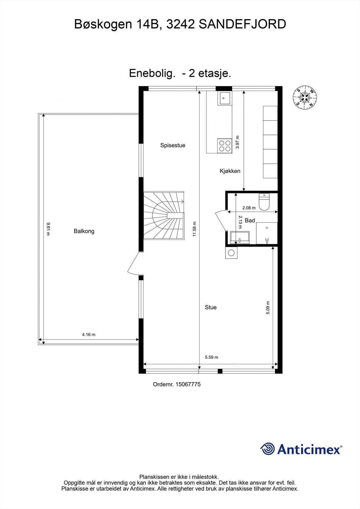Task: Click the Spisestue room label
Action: pos(173,145)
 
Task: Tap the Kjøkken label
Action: pos(230,171)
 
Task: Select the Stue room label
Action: pos(211,307)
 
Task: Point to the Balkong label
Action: pos(84,231)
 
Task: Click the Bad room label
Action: pos(250,220)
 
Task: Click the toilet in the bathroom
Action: pos(264,202)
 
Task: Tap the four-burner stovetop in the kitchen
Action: pos(225,146)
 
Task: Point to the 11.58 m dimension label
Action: pos(195,229)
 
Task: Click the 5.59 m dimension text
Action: pos(211,357)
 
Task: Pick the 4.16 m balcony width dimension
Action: pos(89,334)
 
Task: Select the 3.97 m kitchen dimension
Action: pos(237,142)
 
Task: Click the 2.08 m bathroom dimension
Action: pos(249,208)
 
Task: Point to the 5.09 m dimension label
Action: pos(268,308)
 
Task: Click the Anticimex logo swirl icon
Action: pos(267,449)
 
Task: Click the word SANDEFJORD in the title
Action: pos(242,24)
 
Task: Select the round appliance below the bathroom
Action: pos(231,253)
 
